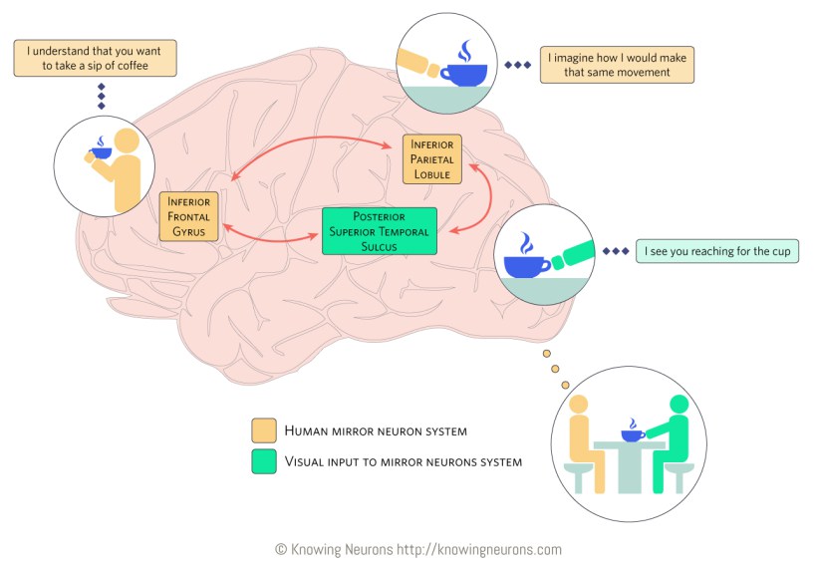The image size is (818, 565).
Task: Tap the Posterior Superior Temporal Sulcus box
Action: click(x=379, y=231)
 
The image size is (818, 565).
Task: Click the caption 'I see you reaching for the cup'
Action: click(x=716, y=252)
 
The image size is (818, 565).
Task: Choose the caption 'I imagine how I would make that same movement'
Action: click(x=617, y=65)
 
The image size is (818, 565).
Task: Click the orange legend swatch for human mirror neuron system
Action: click(x=264, y=430)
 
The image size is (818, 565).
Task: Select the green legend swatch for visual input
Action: click(x=264, y=461)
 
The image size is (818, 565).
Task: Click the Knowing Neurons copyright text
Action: click(x=418, y=548)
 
